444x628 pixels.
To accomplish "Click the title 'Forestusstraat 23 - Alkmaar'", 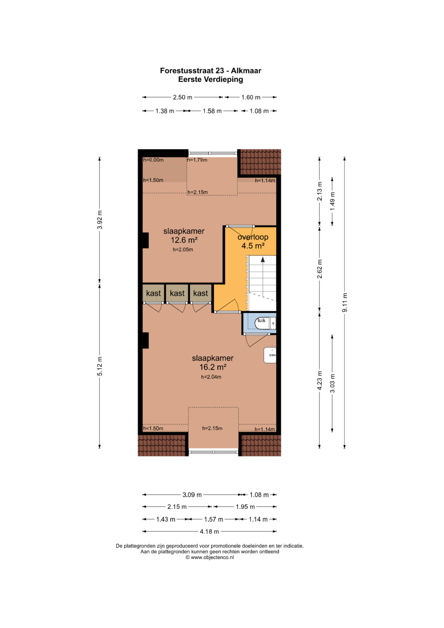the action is pos(210,71).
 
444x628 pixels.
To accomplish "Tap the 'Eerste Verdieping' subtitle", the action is pos(210,79).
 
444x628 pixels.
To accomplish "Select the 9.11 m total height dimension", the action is pos(345,303).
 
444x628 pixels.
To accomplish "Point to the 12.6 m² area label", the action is pos(184,240).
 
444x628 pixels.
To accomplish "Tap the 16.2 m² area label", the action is pos(213,367).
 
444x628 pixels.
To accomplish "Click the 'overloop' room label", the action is pos(253,237).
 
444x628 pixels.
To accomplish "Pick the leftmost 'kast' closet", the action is pos(153,293).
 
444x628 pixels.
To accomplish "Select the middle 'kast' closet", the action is pos(177,293).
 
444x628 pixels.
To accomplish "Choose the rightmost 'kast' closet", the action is pos(201,293).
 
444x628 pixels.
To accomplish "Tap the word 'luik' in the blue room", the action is pos(261,320).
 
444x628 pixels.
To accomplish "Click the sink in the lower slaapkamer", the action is pos(270,355).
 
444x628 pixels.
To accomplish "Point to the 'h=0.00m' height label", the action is pos(153,160).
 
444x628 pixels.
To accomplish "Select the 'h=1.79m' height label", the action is pos(197,160).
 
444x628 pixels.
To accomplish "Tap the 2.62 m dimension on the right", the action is pos(319,269).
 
